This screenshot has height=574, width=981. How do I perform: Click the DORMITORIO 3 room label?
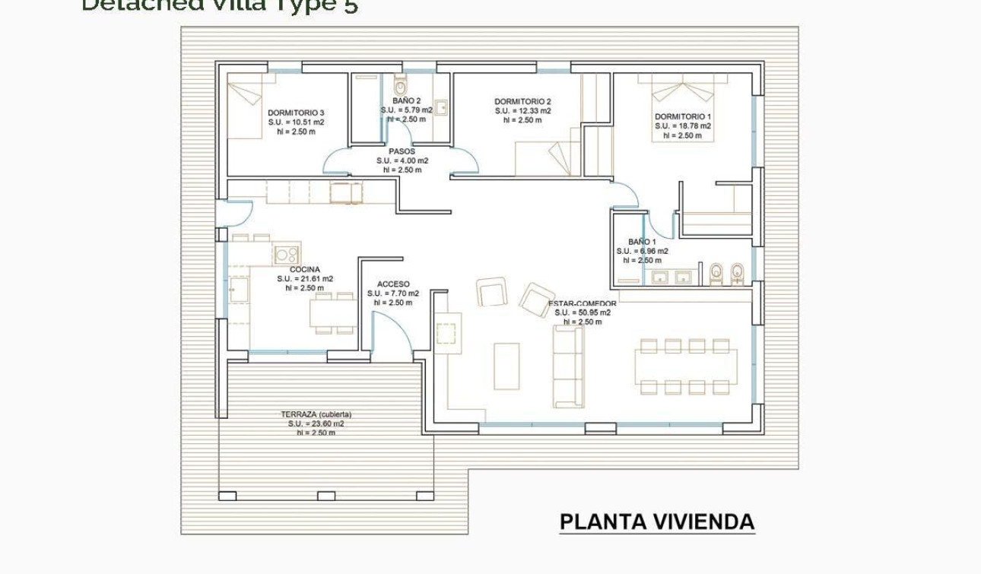click(x=296, y=113)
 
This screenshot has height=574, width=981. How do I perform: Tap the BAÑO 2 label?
click(x=406, y=100)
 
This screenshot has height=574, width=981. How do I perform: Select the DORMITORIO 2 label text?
click(x=522, y=101)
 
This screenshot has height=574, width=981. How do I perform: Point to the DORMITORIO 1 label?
click(x=683, y=116)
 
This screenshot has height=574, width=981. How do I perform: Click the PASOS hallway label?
click(x=402, y=151)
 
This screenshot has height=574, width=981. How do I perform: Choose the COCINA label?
click(x=304, y=269)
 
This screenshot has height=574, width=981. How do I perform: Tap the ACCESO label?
click(x=393, y=284)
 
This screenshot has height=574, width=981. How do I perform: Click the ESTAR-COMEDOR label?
click(x=583, y=303)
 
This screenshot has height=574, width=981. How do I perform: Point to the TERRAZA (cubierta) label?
click(x=316, y=414)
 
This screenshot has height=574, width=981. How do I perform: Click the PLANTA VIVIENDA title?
click(x=657, y=522)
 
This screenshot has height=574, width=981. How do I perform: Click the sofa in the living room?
click(x=567, y=366)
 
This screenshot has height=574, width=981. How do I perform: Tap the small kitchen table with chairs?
click(x=333, y=312)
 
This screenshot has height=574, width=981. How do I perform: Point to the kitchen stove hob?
click(x=286, y=255)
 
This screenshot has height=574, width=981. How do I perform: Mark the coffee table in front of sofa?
click(x=506, y=366)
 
